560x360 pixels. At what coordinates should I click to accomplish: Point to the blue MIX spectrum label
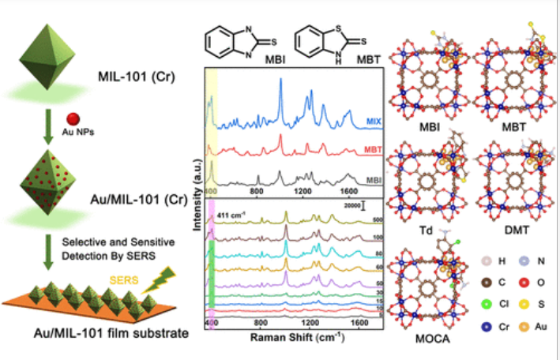pos(374,122)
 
